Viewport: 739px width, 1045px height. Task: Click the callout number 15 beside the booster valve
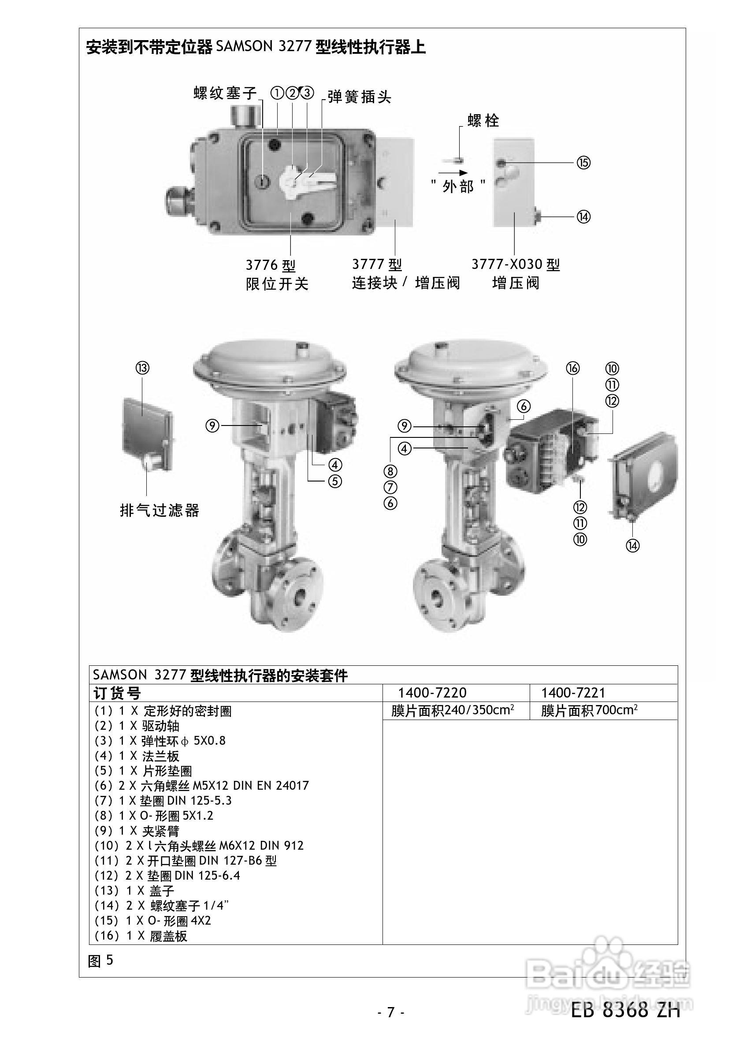(583, 163)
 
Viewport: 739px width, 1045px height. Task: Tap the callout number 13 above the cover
(142, 368)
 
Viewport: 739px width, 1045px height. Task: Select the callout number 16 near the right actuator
(572, 368)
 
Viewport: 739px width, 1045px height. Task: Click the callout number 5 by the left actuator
(335, 481)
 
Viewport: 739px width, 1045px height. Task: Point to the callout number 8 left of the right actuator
(390, 471)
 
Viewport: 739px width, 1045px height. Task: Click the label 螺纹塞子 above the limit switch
(225, 93)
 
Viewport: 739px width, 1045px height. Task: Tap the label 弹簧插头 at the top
(359, 97)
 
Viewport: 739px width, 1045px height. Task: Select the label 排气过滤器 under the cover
(160, 510)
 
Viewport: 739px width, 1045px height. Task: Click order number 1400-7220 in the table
(432, 693)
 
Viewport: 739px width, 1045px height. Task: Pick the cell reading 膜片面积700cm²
(589, 710)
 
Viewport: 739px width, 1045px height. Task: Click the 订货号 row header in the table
(117, 693)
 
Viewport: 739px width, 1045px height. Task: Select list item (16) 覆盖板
(141, 936)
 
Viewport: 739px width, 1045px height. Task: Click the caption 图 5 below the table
(100, 960)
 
